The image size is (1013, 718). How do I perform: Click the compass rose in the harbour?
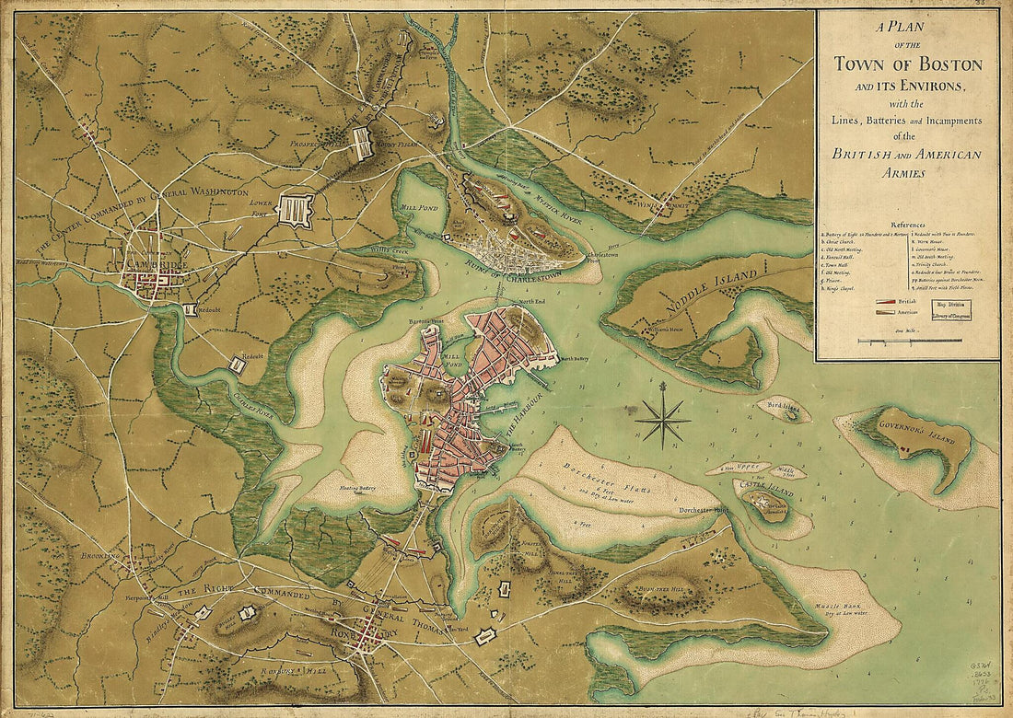[x=662, y=420]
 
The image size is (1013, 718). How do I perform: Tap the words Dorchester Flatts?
[x=602, y=469]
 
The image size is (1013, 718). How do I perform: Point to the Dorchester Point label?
[x=703, y=509]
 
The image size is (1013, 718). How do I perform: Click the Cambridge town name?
[x=152, y=266]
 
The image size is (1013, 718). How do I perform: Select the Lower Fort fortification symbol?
[x=295, y=209]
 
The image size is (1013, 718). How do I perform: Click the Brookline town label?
[x=101, y=558]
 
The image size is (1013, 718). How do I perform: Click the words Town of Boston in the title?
[x=907, y=64]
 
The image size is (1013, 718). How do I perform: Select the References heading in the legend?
[x=906, y=225]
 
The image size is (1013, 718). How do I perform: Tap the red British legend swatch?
[x=885, y=301]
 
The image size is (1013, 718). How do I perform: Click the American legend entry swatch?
[x=885, y=313]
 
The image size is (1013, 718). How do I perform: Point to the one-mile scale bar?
[x=910, y=341]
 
